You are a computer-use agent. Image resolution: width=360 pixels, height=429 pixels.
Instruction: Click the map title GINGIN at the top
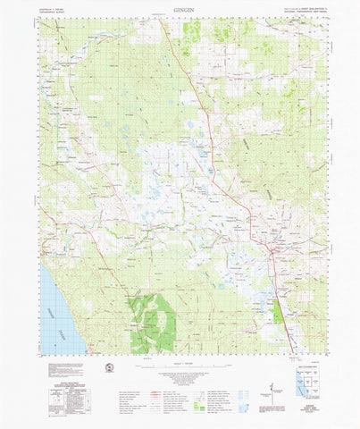(179, 9)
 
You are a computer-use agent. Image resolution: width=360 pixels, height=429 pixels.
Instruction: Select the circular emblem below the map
(110, 368)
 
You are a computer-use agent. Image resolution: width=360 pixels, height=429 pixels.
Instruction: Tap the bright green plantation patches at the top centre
(191, 32)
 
